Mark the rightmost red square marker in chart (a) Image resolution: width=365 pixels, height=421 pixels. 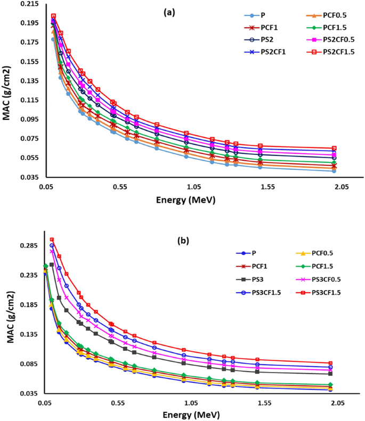pyautogui.click(x=334, y=148)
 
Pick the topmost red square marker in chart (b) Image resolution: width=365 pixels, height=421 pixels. pyautogui.click(x=52, y=240)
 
